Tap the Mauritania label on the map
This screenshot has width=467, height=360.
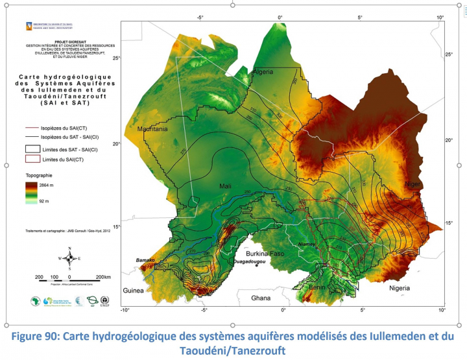(153, 130)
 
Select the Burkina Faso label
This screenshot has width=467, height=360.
(268, 254)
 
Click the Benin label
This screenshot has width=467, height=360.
(317, 286)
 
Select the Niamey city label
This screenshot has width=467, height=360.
(305, 244)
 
